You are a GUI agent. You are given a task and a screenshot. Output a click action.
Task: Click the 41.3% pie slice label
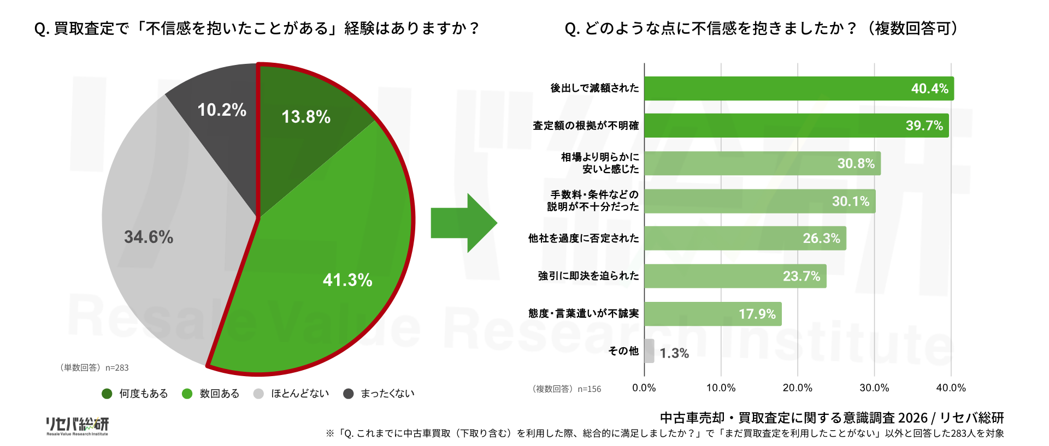click(x=347, y=280)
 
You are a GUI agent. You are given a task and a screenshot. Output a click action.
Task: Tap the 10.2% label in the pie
click(x=222, y=110)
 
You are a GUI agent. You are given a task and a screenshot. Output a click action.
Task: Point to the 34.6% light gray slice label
click(x=149, y=237)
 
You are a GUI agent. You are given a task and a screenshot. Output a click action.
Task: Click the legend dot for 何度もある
click(x=107, y=394)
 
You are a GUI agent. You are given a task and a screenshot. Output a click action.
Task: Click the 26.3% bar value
click(x=821, y=239)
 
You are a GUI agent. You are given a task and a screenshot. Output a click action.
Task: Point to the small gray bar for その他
click(x=649, y=351)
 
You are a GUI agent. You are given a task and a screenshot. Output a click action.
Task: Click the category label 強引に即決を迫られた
click(x=588, y=276)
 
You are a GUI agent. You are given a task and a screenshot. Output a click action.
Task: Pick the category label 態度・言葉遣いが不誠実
click(x=584, y=313)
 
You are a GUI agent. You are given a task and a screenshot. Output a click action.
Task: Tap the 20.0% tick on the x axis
click(x=798, y=388)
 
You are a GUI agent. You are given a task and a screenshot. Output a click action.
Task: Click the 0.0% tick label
click(x=644, y=388)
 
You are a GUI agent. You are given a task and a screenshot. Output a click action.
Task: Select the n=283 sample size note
click(x=117, y=368)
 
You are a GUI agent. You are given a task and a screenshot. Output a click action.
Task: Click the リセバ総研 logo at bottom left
click(x=77, y=426)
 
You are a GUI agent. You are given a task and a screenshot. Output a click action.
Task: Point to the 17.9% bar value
click(x=757, y=314)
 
